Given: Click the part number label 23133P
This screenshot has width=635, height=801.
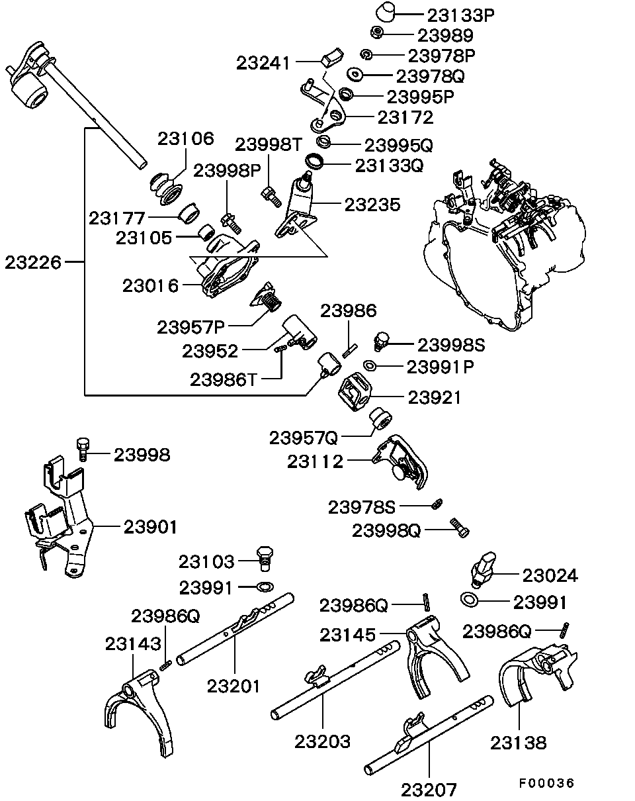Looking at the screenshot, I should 460,15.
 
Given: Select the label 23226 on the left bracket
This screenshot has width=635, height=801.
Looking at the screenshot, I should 33,262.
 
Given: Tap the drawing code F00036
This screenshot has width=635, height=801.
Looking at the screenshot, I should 546,782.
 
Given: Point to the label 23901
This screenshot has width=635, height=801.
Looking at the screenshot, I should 150,527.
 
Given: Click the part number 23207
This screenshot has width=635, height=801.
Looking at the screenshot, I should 429,789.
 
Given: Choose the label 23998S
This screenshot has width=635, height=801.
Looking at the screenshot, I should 451,345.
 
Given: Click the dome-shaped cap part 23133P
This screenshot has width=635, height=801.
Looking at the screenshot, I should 386,13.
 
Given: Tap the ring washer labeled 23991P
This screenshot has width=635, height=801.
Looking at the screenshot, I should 370,366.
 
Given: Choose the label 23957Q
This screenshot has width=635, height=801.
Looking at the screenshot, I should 303,438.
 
